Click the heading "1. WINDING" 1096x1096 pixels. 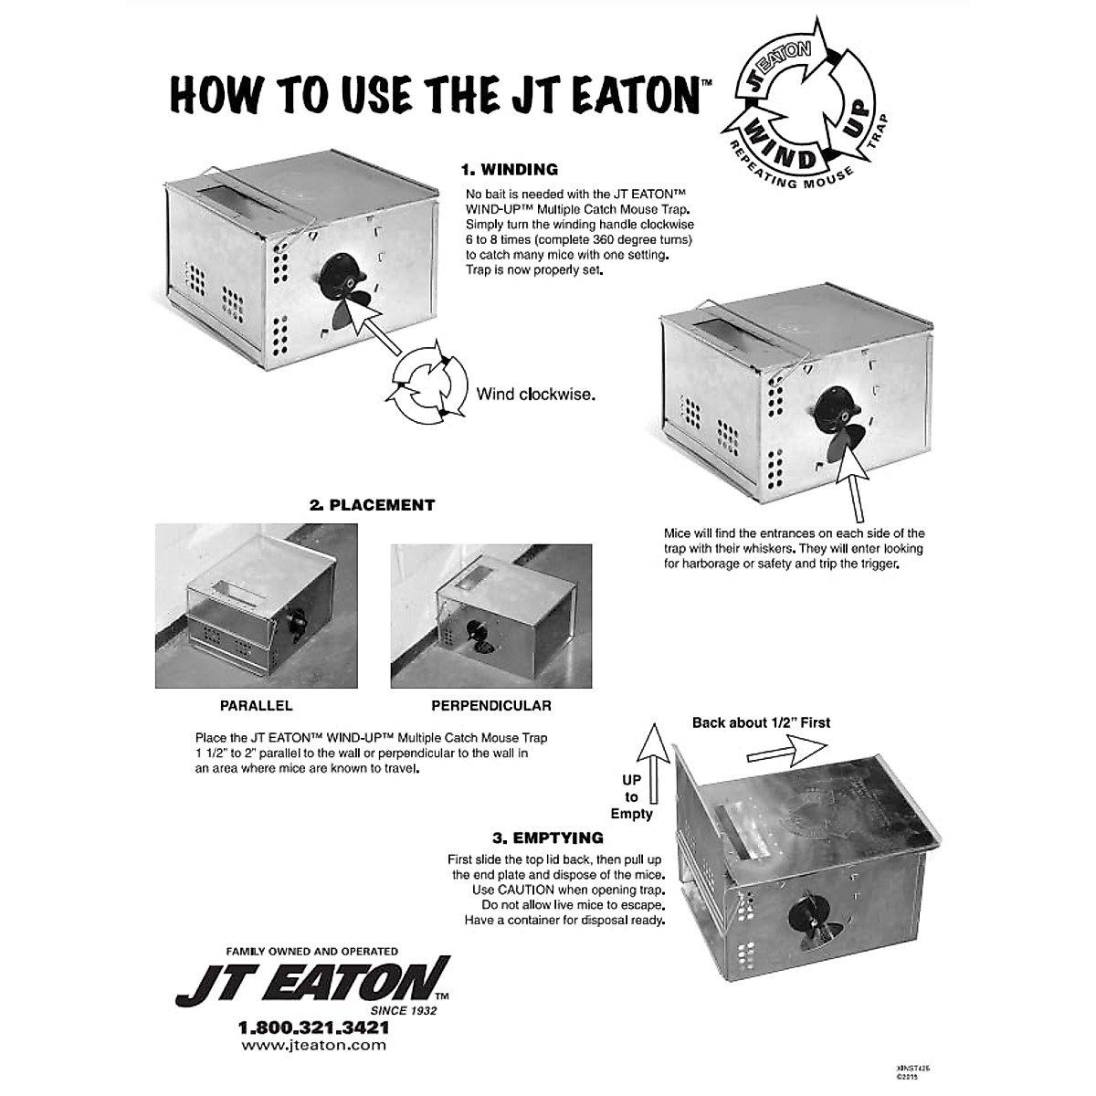(509, 169)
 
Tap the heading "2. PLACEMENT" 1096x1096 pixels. (372, 504)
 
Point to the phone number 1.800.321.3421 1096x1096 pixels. (313, 1027)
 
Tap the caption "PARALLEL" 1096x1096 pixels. (256, 705)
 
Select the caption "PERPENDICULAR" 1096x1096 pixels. (490, 705)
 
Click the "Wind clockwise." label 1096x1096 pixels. (535, 395)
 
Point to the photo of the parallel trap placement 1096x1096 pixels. (256, 606)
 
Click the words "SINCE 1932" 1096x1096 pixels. (404, 1010)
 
